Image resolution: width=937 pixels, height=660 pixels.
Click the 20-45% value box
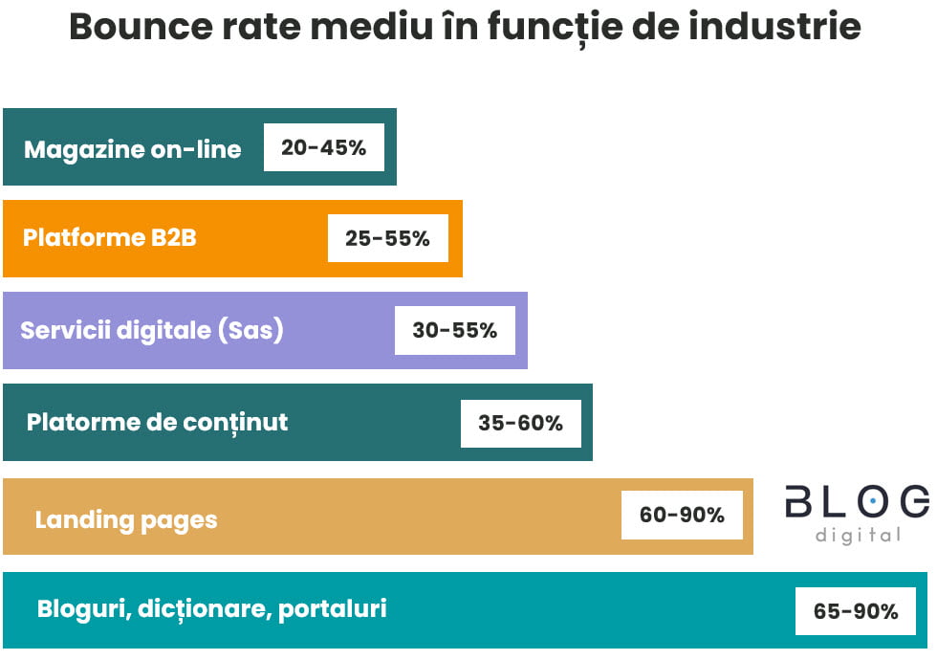[324, 147]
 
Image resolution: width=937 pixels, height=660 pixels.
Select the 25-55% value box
[387, 238]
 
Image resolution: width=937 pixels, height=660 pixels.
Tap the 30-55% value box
[454, 330]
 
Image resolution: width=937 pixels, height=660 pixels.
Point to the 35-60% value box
[520, 423]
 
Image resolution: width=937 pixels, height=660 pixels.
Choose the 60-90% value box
[682, 515]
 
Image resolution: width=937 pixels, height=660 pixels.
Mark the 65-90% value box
[855, 611]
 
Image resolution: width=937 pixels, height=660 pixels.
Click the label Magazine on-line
[132, 149]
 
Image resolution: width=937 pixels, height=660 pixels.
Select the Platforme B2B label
[109, 237]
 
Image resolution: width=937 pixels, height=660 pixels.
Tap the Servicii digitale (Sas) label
[152, 330]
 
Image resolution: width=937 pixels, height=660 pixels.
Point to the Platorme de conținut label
[157, 422]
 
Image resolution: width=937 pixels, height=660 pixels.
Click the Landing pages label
[126, 520]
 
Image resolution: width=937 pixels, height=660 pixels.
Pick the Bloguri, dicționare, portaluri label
[211, 609]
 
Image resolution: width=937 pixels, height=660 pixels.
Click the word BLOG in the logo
[856, 501]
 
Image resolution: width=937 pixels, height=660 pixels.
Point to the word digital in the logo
[858, 535]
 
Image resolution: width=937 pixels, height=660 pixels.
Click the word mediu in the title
[388, 27]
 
